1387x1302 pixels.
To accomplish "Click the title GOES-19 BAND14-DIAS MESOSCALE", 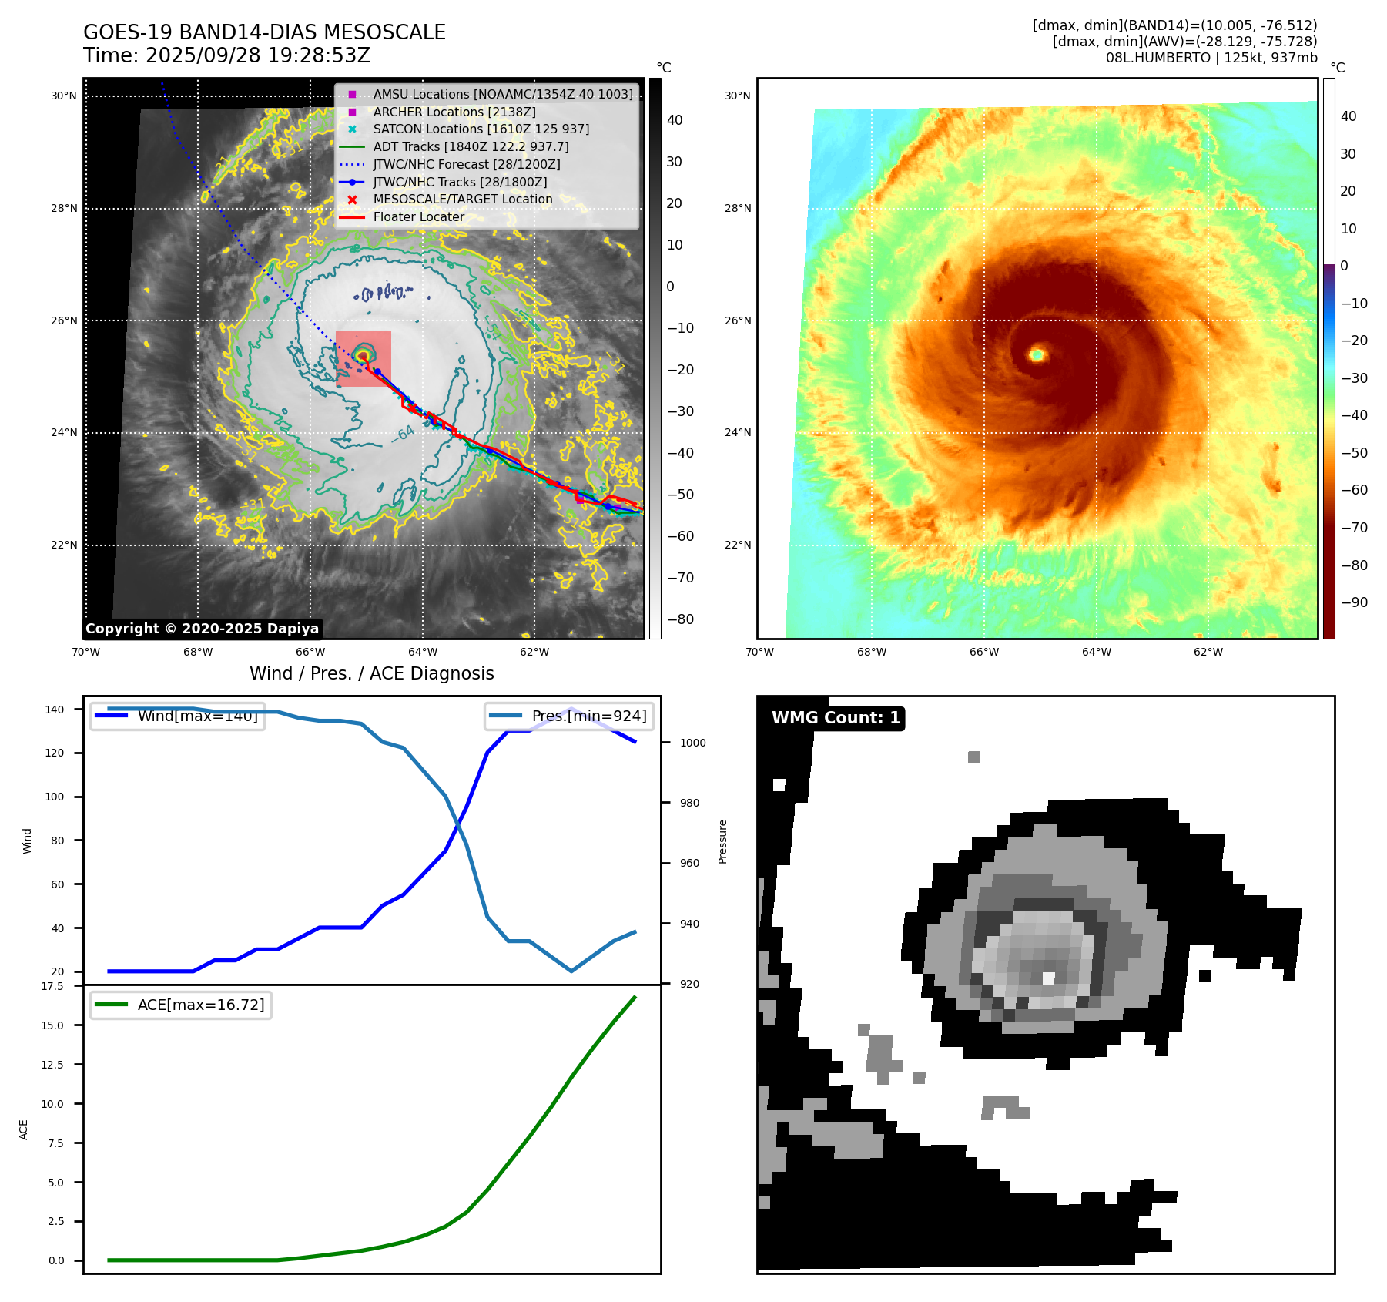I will coord(264,32).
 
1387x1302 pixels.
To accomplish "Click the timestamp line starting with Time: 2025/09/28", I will coord(226,55).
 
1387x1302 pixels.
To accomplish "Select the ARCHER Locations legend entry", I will coord(454,112).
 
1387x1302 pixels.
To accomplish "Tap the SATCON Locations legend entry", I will coord(481,129).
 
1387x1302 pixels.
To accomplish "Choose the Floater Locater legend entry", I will coord(418,217).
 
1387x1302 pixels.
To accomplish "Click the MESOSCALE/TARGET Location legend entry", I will coord(462,200).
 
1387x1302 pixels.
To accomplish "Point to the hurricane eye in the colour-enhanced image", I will coord(1037,354).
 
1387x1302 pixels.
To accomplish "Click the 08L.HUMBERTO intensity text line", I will coord(1211,58).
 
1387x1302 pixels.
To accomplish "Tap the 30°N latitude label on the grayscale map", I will coord(64,96).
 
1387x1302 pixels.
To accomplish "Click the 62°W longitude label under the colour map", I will coord(1208,652).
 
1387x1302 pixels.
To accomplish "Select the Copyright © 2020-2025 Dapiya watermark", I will coord(202,629).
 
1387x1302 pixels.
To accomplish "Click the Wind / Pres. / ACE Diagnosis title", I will coord(371,673).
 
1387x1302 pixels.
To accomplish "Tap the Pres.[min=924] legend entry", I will coord(588,716).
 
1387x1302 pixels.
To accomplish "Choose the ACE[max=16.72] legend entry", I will coord(200,1005).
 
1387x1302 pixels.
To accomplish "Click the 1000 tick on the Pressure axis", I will coord(692,743).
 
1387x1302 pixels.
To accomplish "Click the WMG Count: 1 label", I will coord(836,718).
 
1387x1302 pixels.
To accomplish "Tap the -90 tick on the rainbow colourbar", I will coord(1353,602).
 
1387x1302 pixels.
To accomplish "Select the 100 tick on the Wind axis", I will coord(55,797).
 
